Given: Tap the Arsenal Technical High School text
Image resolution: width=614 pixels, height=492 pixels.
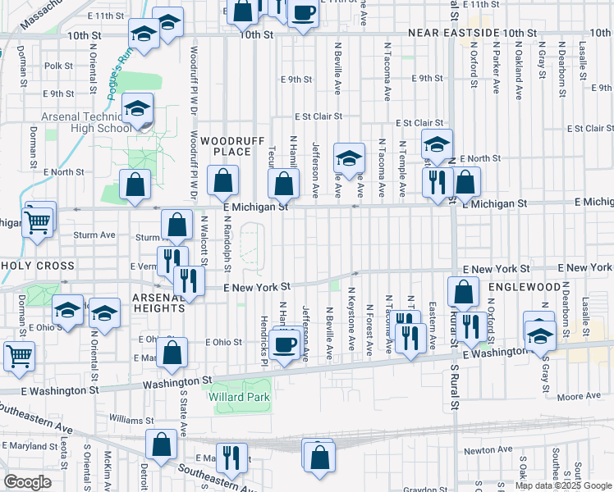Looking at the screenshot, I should coord(80,122).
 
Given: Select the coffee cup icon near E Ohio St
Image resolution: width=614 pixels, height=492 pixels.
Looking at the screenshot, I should coord(286,345).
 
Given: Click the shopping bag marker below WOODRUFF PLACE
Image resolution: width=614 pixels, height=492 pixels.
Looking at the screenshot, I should coord(222,182).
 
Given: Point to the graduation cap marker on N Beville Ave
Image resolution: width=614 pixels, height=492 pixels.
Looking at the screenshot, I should coord(349,158).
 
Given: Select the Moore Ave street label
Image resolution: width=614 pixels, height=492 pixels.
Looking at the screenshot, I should coord(580,397).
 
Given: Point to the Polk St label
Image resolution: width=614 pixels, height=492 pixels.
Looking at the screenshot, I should coord(59,66).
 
